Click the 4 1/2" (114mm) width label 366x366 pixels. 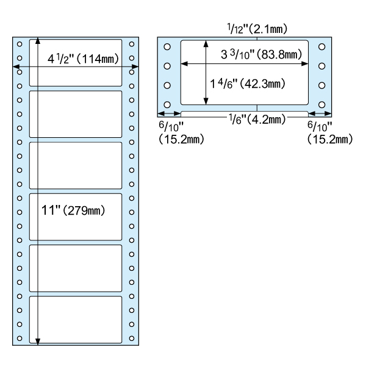pos(83,59)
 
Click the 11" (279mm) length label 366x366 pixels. pos(73,210)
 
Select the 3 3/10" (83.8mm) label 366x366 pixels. pos(262,55)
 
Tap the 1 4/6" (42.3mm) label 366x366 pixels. pos(248,84)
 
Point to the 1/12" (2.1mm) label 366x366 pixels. pos(257,29)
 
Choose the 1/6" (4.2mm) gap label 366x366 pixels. pos(257,120)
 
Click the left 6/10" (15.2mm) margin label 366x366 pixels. pos(181,133)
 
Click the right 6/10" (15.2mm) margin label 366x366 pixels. pos(330,133)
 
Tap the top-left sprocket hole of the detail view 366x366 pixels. pos(167,47)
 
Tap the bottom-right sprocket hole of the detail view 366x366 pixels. pos(321,104)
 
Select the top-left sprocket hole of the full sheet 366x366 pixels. pos(20,44)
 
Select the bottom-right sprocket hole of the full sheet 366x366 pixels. pos(132,338)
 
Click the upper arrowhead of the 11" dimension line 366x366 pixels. pos(38,41)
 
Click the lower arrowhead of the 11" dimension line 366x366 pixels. pos(38,342)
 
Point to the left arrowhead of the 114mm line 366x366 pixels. pos(16,66)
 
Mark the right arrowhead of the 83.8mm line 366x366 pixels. pos(304,63)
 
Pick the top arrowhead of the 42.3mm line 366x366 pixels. pos(206,44)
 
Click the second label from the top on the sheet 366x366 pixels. pos(76,114)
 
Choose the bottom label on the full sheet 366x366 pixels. pos(76,320)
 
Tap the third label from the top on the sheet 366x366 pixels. pos(76,165)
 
